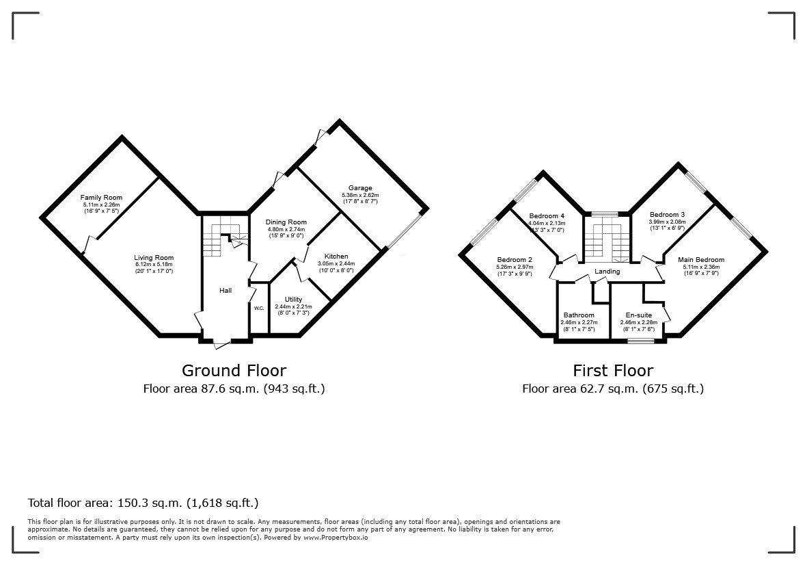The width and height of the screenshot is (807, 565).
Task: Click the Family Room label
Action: click(101, 197)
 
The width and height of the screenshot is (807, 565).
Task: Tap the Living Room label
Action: click(154, 257)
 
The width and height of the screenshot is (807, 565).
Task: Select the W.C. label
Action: click(259, 308)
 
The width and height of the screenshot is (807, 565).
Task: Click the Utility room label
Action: click(293, 299)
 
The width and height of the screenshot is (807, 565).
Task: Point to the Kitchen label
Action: click(336, 256)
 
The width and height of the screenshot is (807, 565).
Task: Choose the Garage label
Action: click(360, 188)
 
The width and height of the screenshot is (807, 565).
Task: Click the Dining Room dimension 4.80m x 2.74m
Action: click(286, 229)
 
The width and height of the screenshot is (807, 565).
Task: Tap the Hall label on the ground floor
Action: click(225, 291)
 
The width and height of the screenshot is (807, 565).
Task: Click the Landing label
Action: click(607, 272)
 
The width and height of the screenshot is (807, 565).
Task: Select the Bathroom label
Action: click(579, 315)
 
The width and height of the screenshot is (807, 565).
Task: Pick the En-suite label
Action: click(639, 315)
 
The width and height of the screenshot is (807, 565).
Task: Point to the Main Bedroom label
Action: click(701, 259)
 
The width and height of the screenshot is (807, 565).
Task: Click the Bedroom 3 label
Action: click(667, 214)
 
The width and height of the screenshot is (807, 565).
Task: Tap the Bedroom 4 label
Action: click(547, 215)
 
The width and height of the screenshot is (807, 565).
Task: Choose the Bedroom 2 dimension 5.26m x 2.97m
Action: click(515, 267)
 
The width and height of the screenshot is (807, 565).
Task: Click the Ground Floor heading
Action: click(234, 370)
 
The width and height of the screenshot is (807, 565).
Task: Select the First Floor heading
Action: click(613, 370)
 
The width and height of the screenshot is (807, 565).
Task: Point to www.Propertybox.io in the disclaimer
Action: click(336, 537)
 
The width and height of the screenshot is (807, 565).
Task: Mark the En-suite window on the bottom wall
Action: click(641, 340)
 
